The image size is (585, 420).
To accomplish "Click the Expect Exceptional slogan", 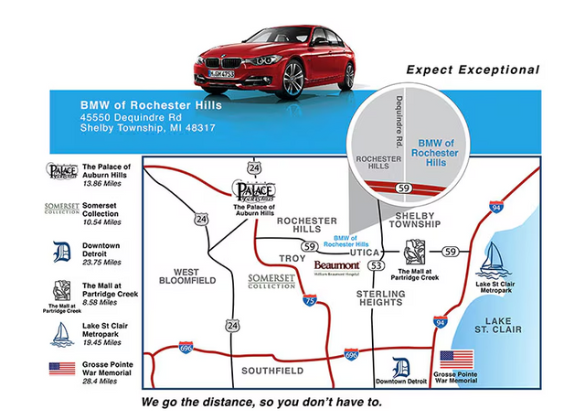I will (473, 70).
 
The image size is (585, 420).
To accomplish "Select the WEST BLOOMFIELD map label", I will (193, 276).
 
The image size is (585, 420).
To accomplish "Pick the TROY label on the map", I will (292, 259).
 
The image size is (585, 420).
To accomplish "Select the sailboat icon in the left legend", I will (61, 333).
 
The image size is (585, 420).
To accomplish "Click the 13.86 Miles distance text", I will (102, 184).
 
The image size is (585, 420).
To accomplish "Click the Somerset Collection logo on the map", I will (272, 280).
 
